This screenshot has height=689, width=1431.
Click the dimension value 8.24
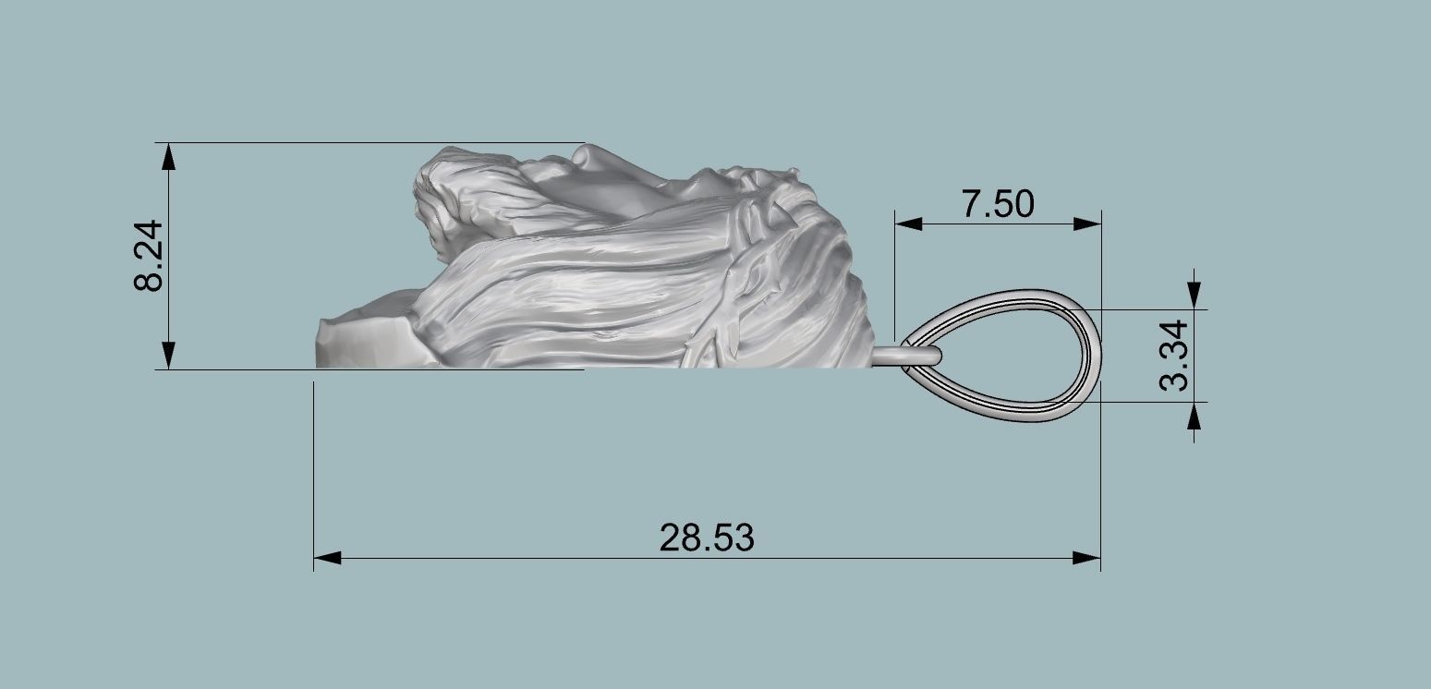[148, 256]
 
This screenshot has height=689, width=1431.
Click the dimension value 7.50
[998, 204]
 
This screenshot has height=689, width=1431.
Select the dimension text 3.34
[1175, 355]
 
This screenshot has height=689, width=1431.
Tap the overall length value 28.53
[707, 537]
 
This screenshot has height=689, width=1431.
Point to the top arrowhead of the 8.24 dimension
[168, 157]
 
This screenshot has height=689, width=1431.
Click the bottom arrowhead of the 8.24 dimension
[168, 356]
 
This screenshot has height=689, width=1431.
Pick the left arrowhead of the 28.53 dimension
[328, 558]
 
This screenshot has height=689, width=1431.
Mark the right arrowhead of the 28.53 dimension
[1086, 558]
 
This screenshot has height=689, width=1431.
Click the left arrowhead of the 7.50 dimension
[909, 224]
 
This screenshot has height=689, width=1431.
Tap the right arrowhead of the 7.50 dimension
[1087, 224]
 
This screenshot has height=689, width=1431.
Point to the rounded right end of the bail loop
[1096, 356]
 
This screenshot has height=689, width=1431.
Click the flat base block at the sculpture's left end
[360, 342]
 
